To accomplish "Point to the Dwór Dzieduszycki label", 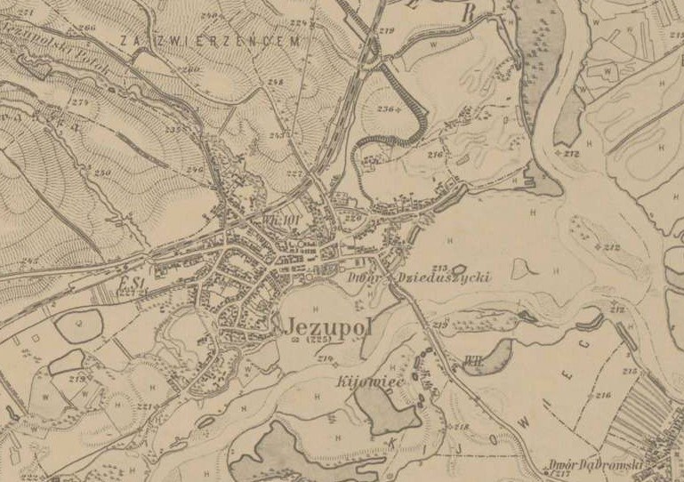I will tap(419, 277).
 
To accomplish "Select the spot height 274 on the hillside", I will tap(82, 104).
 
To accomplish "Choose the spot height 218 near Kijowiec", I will tap(461, 428).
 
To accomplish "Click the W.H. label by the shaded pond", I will tap(471, 361).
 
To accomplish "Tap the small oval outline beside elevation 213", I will tap(458, 268).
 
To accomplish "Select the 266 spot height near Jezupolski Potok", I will tap(87, 28).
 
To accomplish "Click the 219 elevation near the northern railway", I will tap(385, 31).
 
